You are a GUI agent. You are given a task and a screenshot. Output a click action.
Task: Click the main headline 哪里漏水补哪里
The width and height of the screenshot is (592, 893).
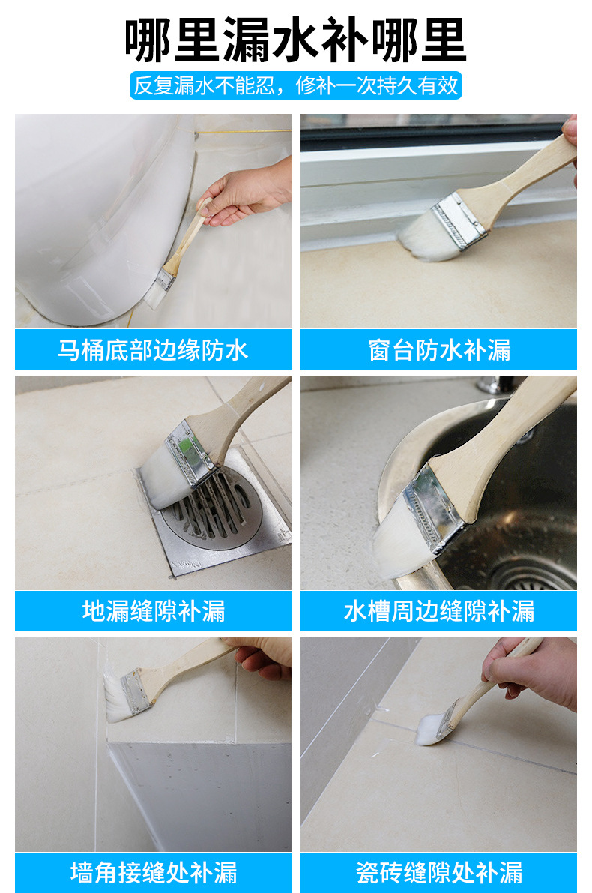click(295, 40)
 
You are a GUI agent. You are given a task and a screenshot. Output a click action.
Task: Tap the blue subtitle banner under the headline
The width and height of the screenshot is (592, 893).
click(295, 85)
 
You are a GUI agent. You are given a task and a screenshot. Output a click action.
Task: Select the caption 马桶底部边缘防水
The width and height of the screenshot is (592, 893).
click(153, 349)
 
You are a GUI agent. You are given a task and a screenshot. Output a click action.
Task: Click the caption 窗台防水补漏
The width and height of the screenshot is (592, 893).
click(439, 349)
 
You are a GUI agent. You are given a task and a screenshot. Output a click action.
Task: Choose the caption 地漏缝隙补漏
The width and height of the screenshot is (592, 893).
click(153, 611)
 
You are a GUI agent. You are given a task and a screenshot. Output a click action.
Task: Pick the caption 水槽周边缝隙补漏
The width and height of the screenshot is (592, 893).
click(439, 611)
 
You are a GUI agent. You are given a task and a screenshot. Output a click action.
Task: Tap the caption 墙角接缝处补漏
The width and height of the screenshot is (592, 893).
click(153, 873)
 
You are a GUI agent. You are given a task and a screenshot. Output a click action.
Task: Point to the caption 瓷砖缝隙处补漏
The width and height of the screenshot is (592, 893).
click(439, 873)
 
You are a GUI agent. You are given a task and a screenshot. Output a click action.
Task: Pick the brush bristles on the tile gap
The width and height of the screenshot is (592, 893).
click(429, 731)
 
